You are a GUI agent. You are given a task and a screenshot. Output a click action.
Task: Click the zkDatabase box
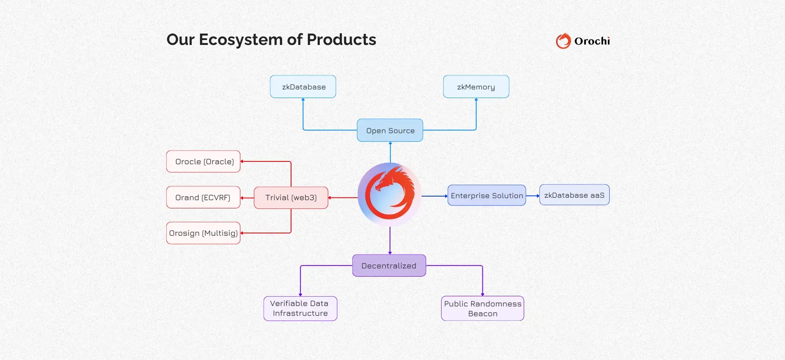click(303, 87)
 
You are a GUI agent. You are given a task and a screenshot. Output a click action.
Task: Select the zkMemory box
click(476, 87)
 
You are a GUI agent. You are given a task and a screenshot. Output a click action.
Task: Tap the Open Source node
click(390, 130)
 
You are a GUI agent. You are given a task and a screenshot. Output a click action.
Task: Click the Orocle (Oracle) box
click(203, 161)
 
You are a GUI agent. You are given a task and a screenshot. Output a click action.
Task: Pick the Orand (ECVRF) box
click(203, 197)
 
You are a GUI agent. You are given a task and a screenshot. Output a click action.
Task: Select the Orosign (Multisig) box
click(203, 233)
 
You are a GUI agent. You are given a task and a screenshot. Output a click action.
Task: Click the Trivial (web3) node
click(291, 198)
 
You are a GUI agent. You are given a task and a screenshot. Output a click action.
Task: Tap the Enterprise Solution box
click(487, 195)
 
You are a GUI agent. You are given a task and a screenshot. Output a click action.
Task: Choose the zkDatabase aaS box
click(574, 195)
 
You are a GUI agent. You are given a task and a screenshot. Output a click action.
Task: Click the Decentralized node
click(389, 266)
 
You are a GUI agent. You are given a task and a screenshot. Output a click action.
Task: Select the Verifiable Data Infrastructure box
click(300, 309)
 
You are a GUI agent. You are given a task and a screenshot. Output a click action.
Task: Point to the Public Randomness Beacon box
click(482, 309)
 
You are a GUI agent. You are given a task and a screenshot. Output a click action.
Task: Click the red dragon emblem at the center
click(390, 195)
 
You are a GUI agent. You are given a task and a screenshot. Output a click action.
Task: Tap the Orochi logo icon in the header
click(563, 41)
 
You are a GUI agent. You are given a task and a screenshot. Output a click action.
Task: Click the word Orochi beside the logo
click(592, 41)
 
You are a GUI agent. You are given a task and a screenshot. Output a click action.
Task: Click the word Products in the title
click(341, 40)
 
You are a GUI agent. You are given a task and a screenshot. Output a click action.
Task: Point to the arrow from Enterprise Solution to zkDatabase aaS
click(532, 196)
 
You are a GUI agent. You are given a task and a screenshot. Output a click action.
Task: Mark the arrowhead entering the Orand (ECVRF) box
click(242, 198)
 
